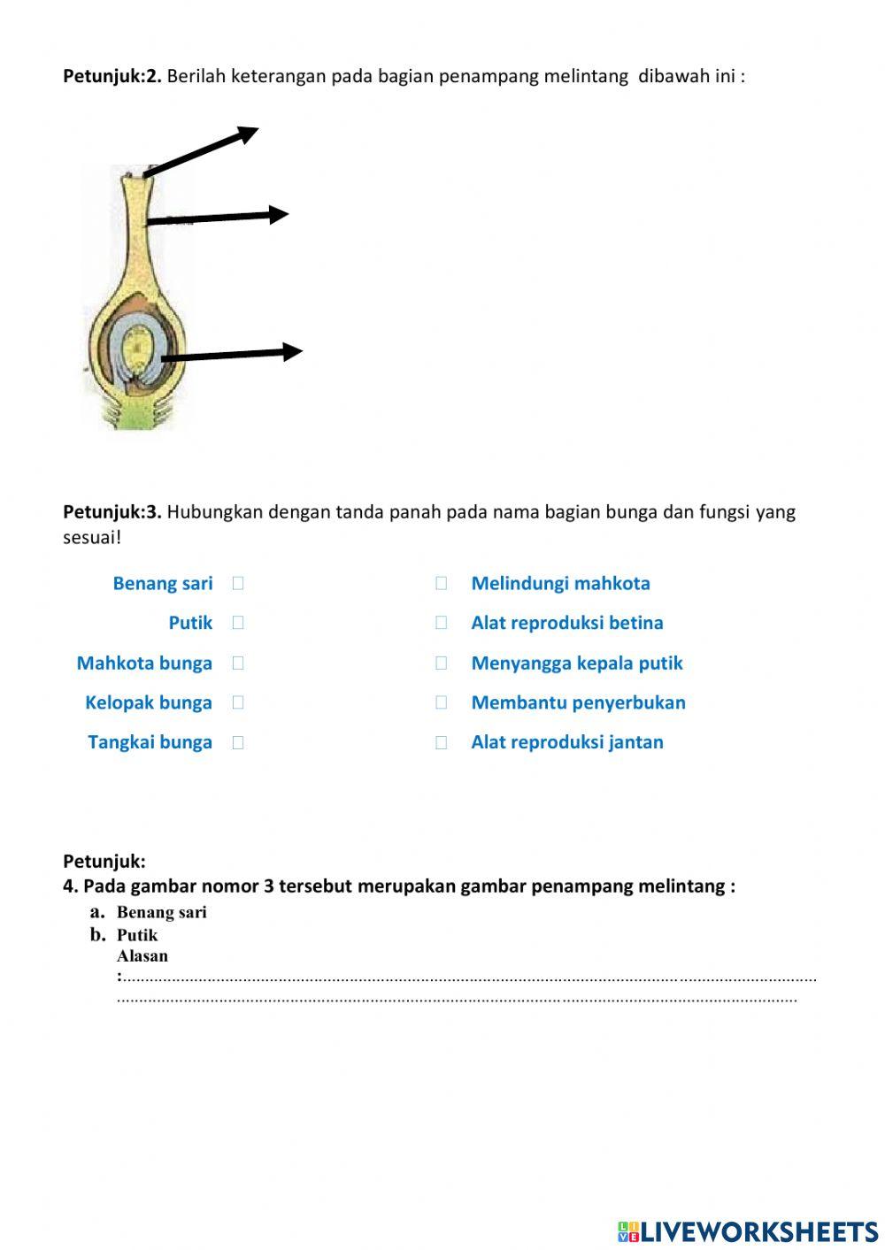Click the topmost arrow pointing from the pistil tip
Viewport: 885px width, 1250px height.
coord(202,151)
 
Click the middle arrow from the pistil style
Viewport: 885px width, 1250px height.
coord(218,217)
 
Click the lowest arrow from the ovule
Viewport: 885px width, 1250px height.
coord(232,354)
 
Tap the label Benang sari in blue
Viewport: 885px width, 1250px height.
coord(163,583)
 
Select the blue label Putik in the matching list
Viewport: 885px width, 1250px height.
coord(190,623)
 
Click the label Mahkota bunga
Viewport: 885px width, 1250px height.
coord(144,663)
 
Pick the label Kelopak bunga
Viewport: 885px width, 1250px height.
coord(149,702)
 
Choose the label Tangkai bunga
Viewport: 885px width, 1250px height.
coord(150,742)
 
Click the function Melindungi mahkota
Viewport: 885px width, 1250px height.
coord(560,583)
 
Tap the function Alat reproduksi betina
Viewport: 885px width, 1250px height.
coord(567,623)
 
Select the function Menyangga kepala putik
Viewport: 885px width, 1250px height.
coord(577,663)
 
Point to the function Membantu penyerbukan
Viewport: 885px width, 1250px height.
coord(578,702)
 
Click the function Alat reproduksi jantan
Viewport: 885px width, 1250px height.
coord(567,742)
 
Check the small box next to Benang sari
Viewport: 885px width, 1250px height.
coord(238,583)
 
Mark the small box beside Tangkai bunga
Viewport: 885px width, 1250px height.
coord(238,743)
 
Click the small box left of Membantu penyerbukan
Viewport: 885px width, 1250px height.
coord(442,702)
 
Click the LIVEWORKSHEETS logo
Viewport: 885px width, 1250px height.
coord(748,1231)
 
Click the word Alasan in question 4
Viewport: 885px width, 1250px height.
coord(142,955)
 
